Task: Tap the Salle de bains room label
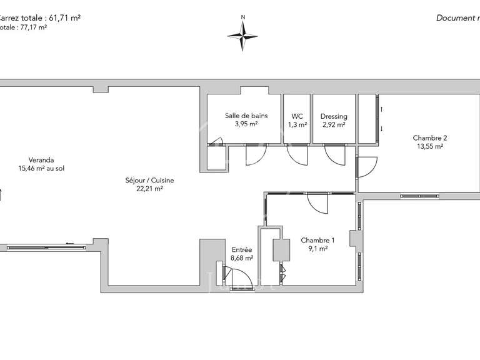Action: click(x=246, y=116)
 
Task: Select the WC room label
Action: click(x=297, y=116)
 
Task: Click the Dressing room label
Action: click(x=334, y=116)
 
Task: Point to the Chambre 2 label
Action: click(x=430, y=138)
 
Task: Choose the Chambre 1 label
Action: click(x=317, y=240)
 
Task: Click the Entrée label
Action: click(x=241, y=250)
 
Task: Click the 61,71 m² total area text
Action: click(x=60, y=17)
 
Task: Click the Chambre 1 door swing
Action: click(x=317, y=204)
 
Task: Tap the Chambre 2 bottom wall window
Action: click(x=420, y=196)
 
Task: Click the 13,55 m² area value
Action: click(x=430, y=147)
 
